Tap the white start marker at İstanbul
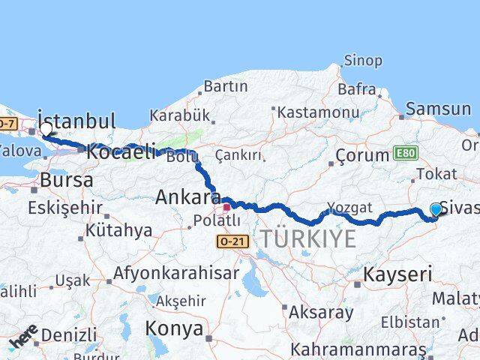[46, 129]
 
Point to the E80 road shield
[403, 154]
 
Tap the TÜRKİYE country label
[308, 239]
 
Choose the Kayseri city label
[398, 274]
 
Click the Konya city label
[174, 328]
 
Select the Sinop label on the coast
[363, 60]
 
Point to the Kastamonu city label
[318, 112]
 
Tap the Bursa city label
[67, 180]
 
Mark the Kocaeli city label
[120, 152]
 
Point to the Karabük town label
[178, 115]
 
